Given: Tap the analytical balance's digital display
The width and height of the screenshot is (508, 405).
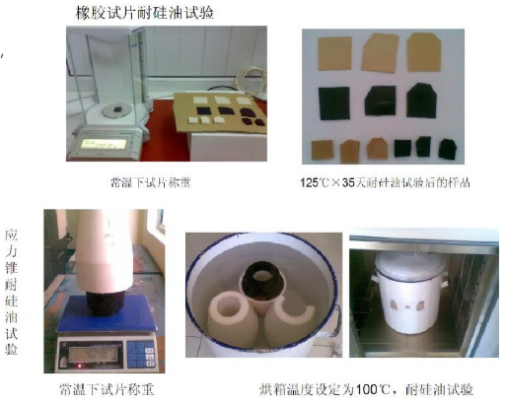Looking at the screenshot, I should pyautogui.click(x=97, y=147).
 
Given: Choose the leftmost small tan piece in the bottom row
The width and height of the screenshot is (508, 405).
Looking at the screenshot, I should pyautogui.click(x=322, y=150).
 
